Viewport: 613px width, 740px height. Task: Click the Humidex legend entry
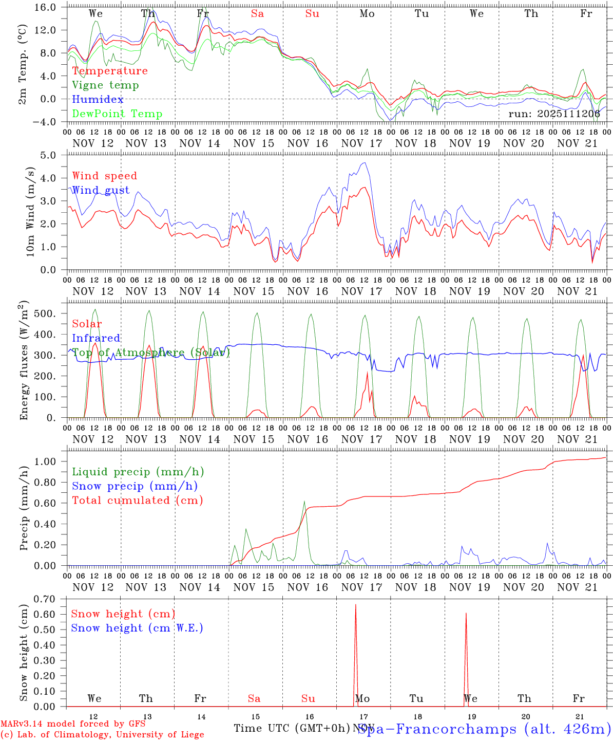tap(90, 100)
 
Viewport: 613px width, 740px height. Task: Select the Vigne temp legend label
tap(105, 85)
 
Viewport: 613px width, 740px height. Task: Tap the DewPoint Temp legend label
tap(117, 114)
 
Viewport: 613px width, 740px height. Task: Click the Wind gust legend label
tap(101, 190)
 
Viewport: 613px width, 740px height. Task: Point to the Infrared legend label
tap(96, 338)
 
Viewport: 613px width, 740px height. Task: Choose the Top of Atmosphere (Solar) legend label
tap(151, 353)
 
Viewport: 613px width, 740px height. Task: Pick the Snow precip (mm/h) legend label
tap(135, 486)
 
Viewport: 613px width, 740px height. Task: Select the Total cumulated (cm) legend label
tap(137, 500)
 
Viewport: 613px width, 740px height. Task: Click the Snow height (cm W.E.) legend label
tap(137, 628)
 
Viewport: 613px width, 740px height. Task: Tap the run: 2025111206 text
tap(554, 114)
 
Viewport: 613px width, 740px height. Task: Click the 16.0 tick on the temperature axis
tap(46, 7)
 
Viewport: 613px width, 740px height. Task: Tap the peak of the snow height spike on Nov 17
tap(356, 605)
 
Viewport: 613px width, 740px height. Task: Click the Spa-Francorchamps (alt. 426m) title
tap(484, 729)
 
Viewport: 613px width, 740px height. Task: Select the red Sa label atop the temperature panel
tap(257, 14)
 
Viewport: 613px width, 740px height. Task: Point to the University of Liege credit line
tap(102, 734)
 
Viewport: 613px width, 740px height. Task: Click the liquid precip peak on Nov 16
tap(304, 502)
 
